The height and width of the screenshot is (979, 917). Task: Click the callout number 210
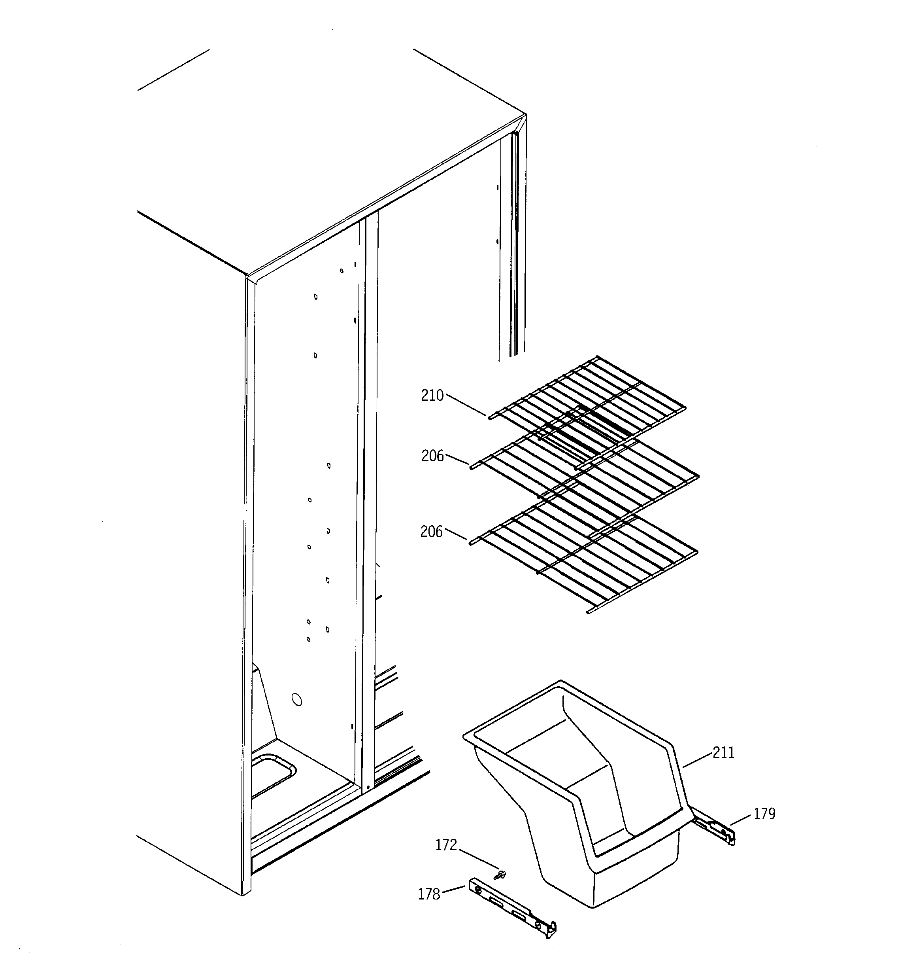pos(432,396)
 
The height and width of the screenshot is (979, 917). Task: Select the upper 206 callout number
pos(432,456)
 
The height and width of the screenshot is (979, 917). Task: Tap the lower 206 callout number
pos(431,532)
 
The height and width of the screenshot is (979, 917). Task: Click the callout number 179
pos(764,828)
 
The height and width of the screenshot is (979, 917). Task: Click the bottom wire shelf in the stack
pos(586,561)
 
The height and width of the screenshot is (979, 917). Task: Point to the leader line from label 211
pos(697,774)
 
